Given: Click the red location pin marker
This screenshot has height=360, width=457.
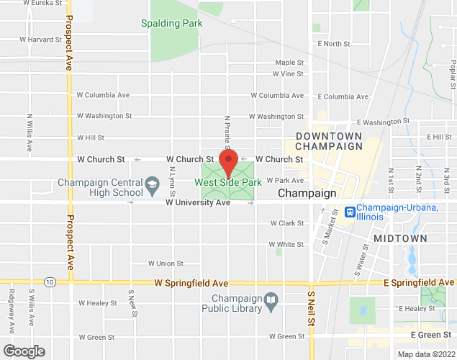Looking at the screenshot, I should pos(229,163).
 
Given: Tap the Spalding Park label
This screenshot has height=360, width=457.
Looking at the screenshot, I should pos(172,23).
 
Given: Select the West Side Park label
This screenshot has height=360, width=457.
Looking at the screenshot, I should pos(228,183).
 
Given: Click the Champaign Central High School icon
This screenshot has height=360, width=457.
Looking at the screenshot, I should pos(153,186).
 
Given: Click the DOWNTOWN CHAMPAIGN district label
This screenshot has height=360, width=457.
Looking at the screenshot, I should pos(328,141).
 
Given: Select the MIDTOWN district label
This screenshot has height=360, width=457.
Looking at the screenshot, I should pos(399,238).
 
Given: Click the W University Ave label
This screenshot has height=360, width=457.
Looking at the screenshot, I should pos(197,203).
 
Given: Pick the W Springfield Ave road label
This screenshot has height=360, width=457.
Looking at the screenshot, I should pos(191,283).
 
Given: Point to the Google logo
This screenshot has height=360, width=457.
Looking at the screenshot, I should pos(24,351).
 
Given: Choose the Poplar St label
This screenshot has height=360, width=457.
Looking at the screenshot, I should pos(452,71).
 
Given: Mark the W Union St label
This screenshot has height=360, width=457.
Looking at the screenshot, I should pos(166,264).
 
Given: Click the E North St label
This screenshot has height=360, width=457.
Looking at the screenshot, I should pos(333,44).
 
